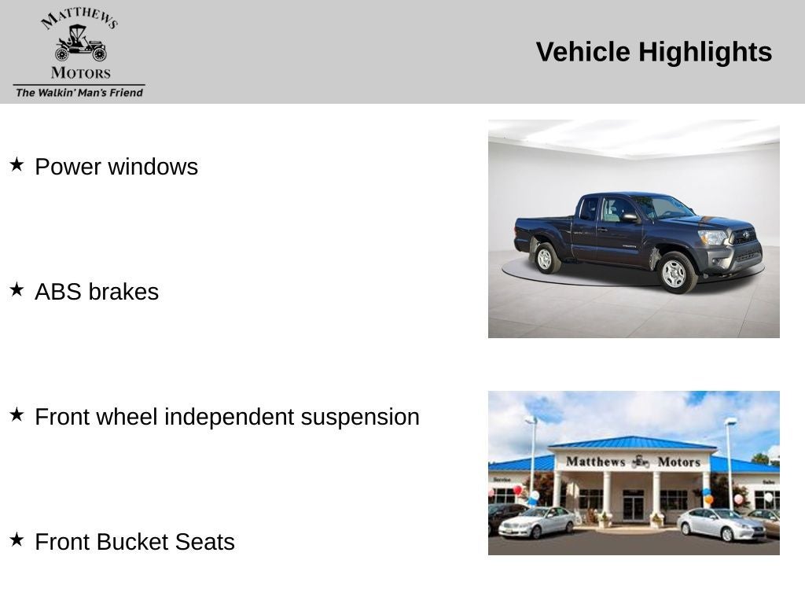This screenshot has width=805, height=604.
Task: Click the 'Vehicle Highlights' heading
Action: [x=653, y=52]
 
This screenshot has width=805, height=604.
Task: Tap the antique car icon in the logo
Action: [x=80, y=43]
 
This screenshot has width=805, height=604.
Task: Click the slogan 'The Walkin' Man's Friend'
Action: [x=79, y=92]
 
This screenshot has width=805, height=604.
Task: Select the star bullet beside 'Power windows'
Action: [x=17, y=164]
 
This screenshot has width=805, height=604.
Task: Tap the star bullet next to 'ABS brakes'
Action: [x=17, y=289]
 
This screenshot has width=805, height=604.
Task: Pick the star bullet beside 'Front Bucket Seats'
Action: [x=17, y=540]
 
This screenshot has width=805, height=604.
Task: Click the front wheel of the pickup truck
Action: [x=674, y=272]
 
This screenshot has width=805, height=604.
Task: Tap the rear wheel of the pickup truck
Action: [x=544, y=258]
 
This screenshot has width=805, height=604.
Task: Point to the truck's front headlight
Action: [x=713, y=237]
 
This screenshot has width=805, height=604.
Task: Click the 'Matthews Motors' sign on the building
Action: [x=633, y=462]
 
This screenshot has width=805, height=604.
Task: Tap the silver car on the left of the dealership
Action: [x=537, y=522]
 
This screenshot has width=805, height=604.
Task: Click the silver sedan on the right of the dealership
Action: [x=721, y=525]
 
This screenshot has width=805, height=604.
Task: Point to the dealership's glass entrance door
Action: [x=633, y=506]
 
